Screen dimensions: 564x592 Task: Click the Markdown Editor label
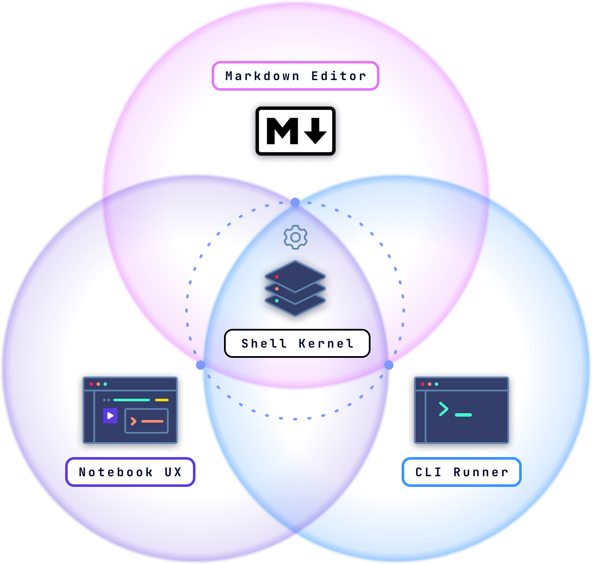coord(295,76)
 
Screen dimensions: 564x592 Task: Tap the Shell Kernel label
coord(297,343)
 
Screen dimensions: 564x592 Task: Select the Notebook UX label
coord(130,472)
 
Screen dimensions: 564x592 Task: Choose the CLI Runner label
coord(461,472)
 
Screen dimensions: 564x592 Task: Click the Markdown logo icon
coord(296,131)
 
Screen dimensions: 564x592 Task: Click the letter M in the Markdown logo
coord(282,131)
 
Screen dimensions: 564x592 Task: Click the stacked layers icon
coord(295,288)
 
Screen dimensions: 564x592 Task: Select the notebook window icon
coord(130,410)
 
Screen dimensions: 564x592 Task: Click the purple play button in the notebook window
coord(110,416)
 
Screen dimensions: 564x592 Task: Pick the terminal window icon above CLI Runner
coord(461,410)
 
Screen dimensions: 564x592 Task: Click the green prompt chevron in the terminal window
coord(443,409)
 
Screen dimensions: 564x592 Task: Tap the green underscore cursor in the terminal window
coord(463,414)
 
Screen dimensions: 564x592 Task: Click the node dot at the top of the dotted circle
coord(295,202)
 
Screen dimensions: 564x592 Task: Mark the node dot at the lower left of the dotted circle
coord(200,365)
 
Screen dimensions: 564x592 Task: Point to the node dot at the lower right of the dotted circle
coord(389,365)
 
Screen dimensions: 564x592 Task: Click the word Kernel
coord(326,343)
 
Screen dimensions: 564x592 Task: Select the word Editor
coord(339,76)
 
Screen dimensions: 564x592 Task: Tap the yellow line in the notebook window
coord(162,400)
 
